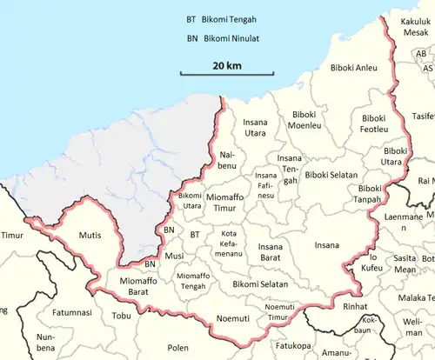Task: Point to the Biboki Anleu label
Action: pyautogui.click(x=353, y=67)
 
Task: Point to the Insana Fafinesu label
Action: pyautogui.click(x=265, y=185)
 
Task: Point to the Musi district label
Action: pyautogui.click(x=174, y=256)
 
